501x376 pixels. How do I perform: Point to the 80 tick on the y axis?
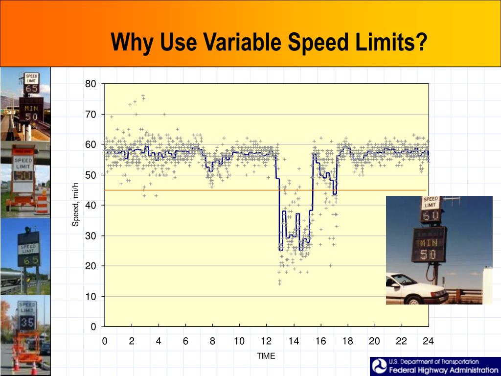91,84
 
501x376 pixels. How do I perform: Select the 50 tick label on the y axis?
91,175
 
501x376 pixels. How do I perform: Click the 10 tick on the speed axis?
91,297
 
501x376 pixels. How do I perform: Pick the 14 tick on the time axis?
294,341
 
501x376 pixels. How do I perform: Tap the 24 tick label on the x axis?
428,341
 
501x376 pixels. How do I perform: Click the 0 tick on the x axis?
105,341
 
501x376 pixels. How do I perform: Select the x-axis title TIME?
266,356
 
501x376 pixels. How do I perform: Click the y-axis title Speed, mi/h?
75,205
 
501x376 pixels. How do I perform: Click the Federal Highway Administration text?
443,370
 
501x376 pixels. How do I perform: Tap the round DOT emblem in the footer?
379,366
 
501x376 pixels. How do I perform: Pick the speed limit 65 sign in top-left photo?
32,84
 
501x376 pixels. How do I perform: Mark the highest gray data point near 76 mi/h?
143,96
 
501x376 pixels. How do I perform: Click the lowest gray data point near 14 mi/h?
279,283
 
